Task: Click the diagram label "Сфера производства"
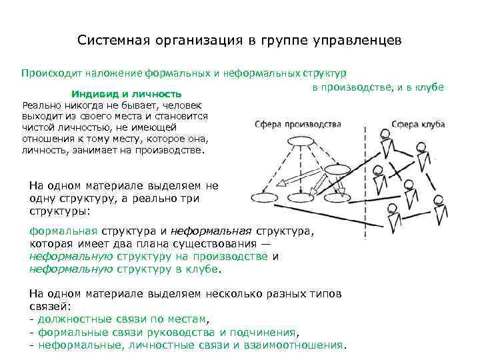(298, 124)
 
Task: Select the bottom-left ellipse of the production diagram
(265, 197)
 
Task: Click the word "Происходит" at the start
(49, 73)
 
